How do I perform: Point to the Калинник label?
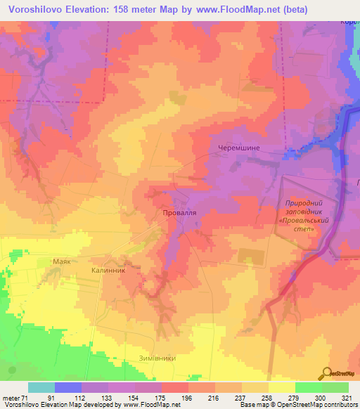pyautogui.click(x=108, y=269)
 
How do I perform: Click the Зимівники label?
pyautogui.click(x=153, y=358)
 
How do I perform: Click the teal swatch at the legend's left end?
pyautogui.click(x=41, y=387)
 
